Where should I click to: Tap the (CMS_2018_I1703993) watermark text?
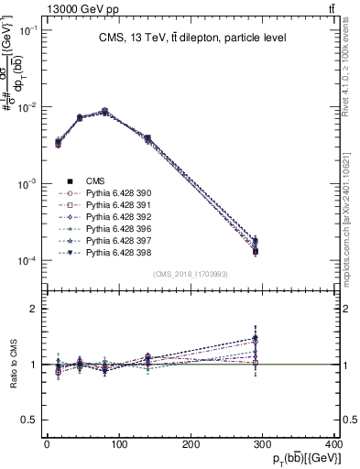(x=190, y=274)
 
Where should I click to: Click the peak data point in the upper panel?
(x=104, y=111)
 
